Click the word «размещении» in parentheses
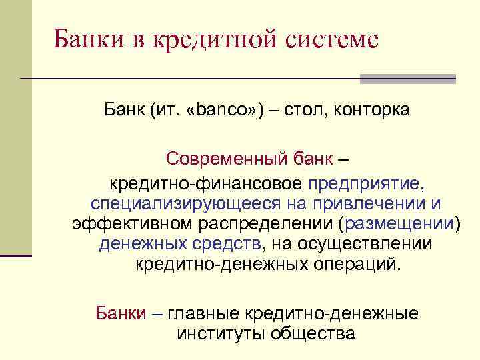[x=399, y=223]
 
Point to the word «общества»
[x=312, y=333]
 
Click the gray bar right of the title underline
[x=407, y=79]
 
